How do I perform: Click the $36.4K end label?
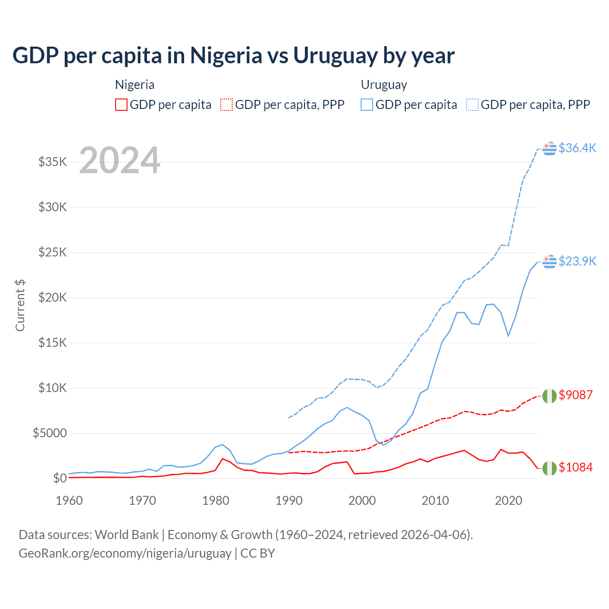(x=577, y=148)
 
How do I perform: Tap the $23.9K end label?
(x=577, y=261)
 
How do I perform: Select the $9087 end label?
(x=576, y=395)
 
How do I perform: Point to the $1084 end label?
(x=576, y=467)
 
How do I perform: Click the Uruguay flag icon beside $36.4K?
(x=550, y=148)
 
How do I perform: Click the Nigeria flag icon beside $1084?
(x=550, y=468)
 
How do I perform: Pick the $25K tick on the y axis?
(x=52, y=252)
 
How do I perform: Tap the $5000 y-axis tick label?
(x=49, y=433)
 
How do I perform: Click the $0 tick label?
(x=59, y=478)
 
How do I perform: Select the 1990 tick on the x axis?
(x=289, y=501)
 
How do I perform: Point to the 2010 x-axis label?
(x=435, y=501)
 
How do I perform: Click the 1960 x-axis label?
(x=69, y=501)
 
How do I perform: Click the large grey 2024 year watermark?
(x=119, y=160)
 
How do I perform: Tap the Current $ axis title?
(x=20, y=305)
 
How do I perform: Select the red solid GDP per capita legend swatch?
(x=121, y=105)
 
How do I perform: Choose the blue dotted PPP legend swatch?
(x=472, y=105)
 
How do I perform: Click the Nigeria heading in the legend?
(x=135, y=85)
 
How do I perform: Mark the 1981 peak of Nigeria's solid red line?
(x=223, y=459)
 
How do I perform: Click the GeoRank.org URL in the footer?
(x=125, y=553)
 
